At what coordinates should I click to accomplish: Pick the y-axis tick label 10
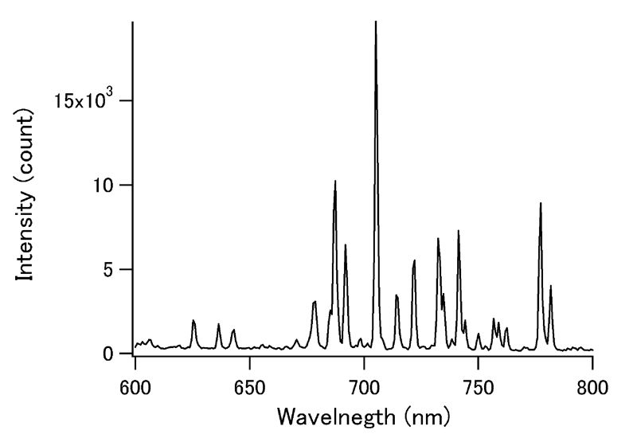click(106, 185)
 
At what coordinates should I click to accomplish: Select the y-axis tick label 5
click(112, 269)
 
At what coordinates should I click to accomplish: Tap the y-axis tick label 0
click(112, 354)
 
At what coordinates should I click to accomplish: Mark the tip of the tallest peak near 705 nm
click(376, 22)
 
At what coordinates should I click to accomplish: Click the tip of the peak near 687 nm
click(335, 181)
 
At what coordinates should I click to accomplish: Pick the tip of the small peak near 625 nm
click(193, 320)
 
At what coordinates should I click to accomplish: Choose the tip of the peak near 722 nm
click(415, 260)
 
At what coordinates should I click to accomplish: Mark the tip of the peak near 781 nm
click(550, 285)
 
